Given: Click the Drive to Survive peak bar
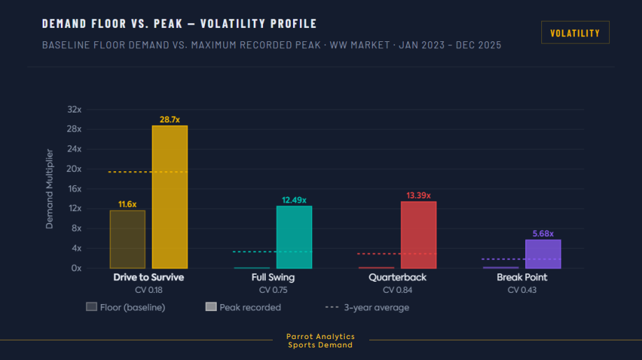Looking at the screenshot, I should tap(170, 197).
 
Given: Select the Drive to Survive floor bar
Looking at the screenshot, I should tap(127, 239).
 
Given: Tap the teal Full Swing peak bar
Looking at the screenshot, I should tap(294, 237).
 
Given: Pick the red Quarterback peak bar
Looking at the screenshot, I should tap(418, 235).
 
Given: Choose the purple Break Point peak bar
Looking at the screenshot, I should tap(543, 254).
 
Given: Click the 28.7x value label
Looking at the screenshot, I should tap(170, 120).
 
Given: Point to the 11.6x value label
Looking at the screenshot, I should tap(127, 204).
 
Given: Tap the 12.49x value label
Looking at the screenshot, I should tap(294, 200).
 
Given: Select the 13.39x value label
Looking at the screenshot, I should tap(418, 195).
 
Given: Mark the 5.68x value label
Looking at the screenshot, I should tap(543, 233).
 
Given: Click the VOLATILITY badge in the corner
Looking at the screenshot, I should tap(575, 33).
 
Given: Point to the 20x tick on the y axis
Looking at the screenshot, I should tap(73, 169).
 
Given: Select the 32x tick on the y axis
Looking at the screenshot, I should tap(73, 110).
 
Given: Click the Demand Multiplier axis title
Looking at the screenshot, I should tap(50, 189).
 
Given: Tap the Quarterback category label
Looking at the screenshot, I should tap(397, 278).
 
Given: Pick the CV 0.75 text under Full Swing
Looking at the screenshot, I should tap(273, 289).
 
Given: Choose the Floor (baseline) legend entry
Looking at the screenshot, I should tap(126, 307).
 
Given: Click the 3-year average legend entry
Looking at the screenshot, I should tap(367, 307).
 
